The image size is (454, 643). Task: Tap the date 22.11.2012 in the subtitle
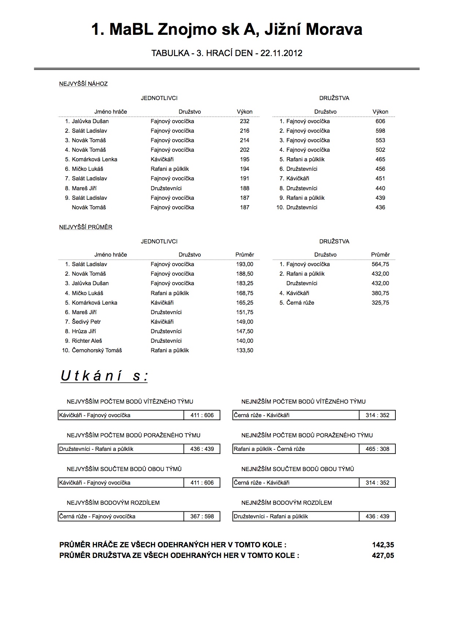click(x=281, y=54)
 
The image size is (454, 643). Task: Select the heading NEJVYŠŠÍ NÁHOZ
click(x=83, y=84)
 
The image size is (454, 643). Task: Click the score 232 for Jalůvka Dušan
click(x=244, y=121)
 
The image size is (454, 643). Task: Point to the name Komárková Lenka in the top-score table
click(x=95, y=159)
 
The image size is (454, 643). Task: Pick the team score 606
click(x=380, y=121)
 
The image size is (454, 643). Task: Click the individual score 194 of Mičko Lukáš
click(x=244, y=169)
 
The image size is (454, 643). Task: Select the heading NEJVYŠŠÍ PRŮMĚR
click(x=86, y=227)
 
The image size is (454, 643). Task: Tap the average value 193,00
click(x=244, y=264)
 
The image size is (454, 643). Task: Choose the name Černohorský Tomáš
click(x=97, y=350)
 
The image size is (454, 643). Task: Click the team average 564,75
click(x=380, y=264)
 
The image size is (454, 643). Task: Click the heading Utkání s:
click(x=104, y=376)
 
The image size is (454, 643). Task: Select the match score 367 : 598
click(x=202, y=517)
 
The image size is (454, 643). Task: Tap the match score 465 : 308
click(x=377, y=449)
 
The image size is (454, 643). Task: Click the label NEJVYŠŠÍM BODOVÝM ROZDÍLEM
click(x=113, y=503)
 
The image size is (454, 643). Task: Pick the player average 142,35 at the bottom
click(x=383, y=545)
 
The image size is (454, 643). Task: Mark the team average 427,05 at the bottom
click(x=383, y=556)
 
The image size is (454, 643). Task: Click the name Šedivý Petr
click(x=86, y=322)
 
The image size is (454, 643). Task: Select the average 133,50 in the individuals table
click(x=244, y=350)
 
